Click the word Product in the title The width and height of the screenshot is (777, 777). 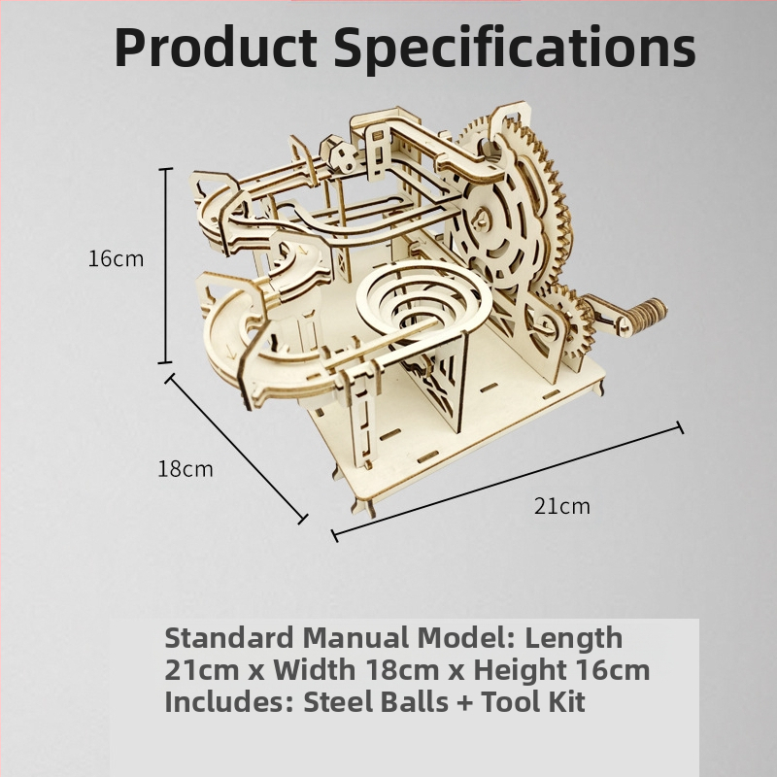[216, 47]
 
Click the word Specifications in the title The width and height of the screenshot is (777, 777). [515, 49]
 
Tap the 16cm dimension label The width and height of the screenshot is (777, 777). [116, 259]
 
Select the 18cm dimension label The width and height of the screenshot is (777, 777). [186, 469]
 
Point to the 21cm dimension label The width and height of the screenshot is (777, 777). [562, 506]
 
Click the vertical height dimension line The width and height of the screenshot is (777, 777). [165, 265]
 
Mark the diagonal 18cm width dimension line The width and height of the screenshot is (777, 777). [236, 449]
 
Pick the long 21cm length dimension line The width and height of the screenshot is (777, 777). [507, 481]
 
